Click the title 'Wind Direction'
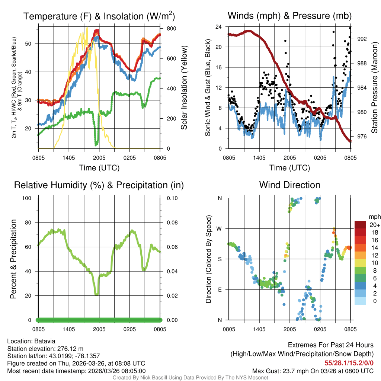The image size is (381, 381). pos(289,185)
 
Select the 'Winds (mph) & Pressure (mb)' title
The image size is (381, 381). pos(289,16)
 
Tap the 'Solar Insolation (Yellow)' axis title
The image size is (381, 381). pos(184,87)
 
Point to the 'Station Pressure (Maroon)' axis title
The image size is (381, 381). pos(374,87)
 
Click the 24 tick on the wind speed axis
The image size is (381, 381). pos(219,27)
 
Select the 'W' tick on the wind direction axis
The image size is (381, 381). pos(220,228)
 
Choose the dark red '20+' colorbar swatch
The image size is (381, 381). pos(361,225)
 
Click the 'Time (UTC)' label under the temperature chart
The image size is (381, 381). pos(99,168)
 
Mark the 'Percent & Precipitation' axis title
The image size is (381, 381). pos(13,259)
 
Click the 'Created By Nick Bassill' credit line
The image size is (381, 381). pos(190,378)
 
